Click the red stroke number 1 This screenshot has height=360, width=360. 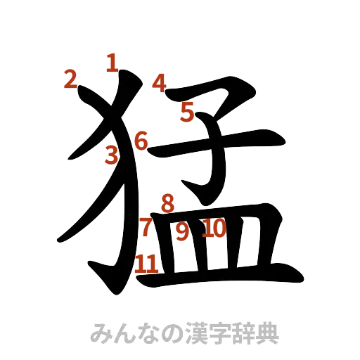coord(111,63)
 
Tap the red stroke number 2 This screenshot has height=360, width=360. coord(70,79)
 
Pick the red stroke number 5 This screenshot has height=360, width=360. coord(187,111)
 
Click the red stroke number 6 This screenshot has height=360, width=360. coord(141,141)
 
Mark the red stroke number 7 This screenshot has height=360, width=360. coord(146,227)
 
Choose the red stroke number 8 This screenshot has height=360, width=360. coord(167,204)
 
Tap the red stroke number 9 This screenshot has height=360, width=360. coord(182,231)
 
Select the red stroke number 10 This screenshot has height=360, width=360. coord(214,228)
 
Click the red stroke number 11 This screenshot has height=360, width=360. coord(147,263)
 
